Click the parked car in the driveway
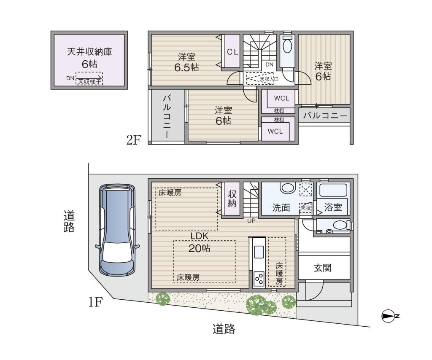118,231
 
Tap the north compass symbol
389,316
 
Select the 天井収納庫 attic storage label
89,51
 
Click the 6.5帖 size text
186,67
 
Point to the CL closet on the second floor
232,51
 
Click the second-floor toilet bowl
287,46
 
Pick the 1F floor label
95,302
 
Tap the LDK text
200,236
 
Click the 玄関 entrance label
323,268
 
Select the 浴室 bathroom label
333,207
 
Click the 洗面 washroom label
281,207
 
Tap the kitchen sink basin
259,252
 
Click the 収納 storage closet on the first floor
232,199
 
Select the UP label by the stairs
251,221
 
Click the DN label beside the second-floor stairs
269,64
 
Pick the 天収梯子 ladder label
89,81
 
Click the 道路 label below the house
224,329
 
